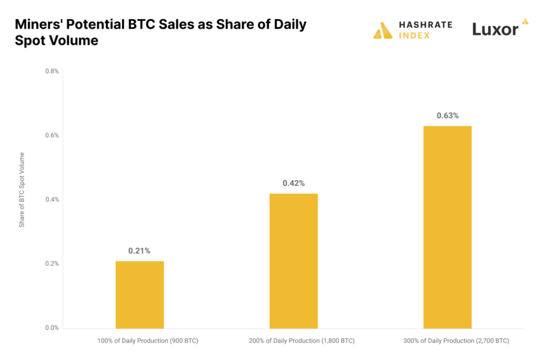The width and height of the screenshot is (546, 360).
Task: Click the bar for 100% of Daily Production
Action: (x=140, y=295)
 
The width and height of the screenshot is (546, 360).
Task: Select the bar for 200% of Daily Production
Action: (x=293, y=261)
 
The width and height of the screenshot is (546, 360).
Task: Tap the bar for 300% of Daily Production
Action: (x=448, y=227)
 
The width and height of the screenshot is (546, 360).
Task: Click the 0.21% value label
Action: (x=140, y=251)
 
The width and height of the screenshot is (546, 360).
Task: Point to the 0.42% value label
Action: (x=293, y=183)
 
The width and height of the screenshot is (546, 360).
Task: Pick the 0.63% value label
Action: (x=448, y=116)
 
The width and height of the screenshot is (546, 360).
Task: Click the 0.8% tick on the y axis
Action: (x=52, y=71)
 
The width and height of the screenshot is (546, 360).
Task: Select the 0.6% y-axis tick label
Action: (x=52, y=135)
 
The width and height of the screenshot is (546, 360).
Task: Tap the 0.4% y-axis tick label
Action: (x=52, y=199)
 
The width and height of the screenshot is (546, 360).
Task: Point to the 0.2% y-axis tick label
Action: (x=52, y=263)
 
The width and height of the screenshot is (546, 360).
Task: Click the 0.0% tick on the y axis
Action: (x=52, y=328)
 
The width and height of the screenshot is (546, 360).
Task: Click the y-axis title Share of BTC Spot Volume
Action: (x=22, y=190)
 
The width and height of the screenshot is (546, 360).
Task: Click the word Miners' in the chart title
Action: (x=37, y=25)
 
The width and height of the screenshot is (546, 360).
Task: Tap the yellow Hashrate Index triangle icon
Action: (x=383, y=30)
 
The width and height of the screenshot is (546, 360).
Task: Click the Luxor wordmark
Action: (x=495, y=29)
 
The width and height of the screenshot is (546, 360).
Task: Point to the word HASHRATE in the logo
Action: (x=425, y=25)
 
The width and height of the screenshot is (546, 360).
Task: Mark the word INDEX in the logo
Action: (x=414, y=36)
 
